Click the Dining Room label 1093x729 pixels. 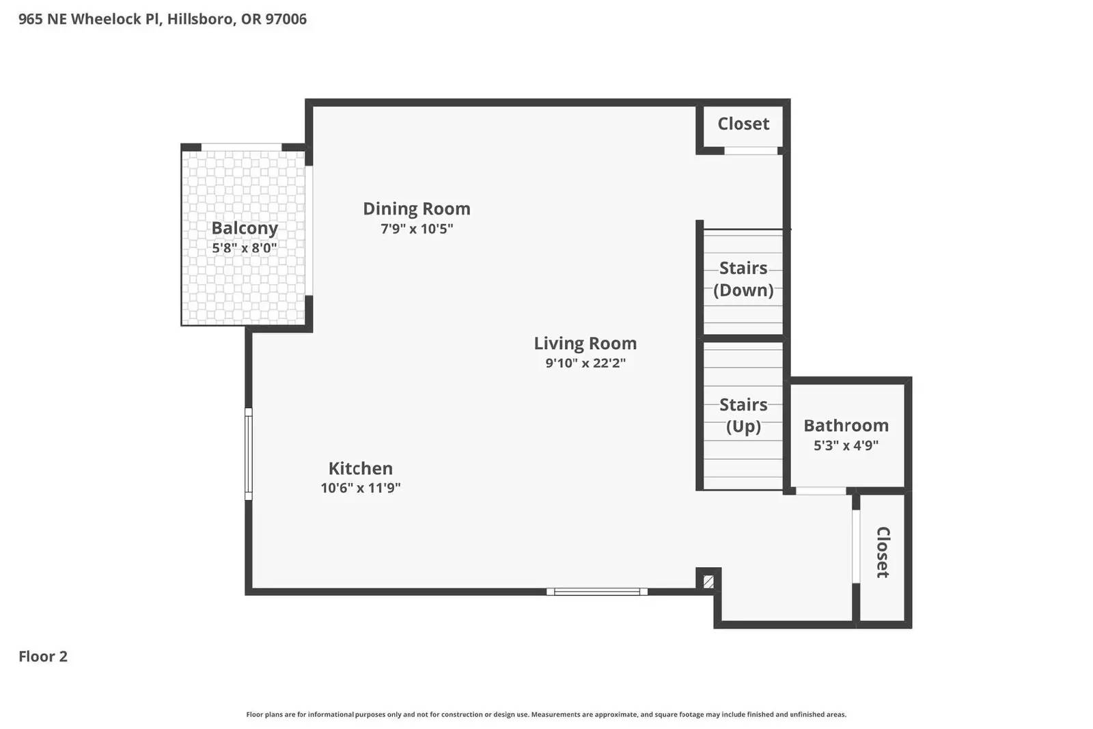tap(416, 208)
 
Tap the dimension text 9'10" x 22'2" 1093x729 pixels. tap(585, 363)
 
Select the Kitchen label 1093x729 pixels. tap(360, 468)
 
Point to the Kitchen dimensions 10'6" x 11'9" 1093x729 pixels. tap(360, 488)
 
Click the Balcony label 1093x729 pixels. tap(244, 228)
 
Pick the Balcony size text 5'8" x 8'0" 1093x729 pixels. tap(244, 248)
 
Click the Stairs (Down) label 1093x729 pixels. tap(743, 279)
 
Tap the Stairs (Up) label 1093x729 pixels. tap(743, 415)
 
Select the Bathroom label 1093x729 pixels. tap(846, 425)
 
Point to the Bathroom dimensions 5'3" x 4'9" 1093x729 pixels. tap(846, 445)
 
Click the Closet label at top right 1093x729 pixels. tap(743, 124)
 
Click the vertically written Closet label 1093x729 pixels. tap(883, 552)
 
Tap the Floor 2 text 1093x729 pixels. tap(43, 657)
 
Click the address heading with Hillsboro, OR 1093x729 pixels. tap(163, 19)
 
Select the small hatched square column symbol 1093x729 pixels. tap(708, 581)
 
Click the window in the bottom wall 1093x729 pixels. tap(596, 592)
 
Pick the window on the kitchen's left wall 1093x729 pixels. tap(249, 454)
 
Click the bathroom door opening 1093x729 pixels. tap(820, 491)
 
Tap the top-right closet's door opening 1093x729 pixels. tap(750, 150)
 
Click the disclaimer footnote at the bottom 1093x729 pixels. tap(546, 715)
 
